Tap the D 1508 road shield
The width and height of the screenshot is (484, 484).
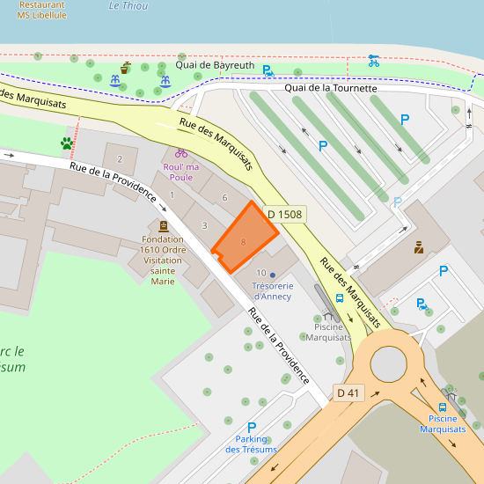pos(284,214)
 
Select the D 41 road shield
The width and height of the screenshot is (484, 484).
pos(348,392)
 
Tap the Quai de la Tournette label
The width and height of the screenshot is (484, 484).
pos(330,88)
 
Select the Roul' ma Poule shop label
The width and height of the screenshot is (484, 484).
pos(180,171)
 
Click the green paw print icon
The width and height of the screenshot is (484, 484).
pos(66,143)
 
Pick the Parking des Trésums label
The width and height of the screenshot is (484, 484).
pos(251,444)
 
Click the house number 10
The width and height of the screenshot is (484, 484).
pos(261,274)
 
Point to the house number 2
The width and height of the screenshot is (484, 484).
pos(120,159)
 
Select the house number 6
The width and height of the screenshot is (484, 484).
pos(224,198)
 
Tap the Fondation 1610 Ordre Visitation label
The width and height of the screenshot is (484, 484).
pos(163,260)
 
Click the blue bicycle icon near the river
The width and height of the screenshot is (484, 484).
pos(373,61)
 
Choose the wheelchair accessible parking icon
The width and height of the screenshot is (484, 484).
pos(422,304)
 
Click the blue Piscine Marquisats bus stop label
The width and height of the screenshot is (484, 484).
pos(442,423)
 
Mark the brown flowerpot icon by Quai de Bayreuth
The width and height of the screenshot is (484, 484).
pos(126,67)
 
